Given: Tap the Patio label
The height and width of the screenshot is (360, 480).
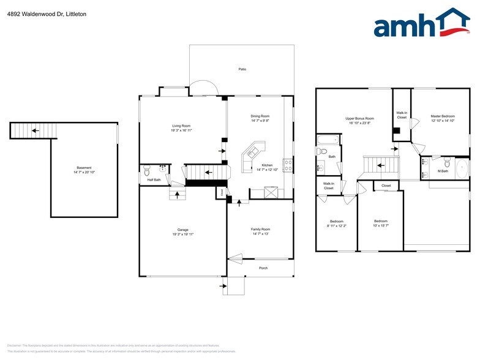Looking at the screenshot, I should (242, 69).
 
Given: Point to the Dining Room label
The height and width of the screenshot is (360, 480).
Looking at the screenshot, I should (260, 116).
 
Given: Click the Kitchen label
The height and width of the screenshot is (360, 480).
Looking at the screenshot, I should (268, 165).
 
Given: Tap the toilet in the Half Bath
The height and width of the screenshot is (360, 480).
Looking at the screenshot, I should (146, 171).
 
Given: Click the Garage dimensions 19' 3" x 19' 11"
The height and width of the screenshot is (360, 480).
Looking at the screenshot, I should (182, 235).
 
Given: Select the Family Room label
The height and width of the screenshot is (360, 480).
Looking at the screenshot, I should (260, 229).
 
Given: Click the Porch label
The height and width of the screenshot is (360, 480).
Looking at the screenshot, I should (263, 268).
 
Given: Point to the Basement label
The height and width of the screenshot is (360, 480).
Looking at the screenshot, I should (84, 168).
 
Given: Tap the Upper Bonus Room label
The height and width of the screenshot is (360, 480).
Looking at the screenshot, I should (359, 118).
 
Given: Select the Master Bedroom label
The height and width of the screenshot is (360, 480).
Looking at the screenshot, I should (442, 116).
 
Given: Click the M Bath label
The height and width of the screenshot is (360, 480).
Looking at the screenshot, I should (443, 171).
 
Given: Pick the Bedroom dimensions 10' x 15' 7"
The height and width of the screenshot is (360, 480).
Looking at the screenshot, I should (381, 226).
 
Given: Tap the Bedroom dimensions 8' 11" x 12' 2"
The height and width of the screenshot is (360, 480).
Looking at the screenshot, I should (336, 226).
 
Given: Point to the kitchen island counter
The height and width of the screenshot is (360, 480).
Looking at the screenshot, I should (253, 154).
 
